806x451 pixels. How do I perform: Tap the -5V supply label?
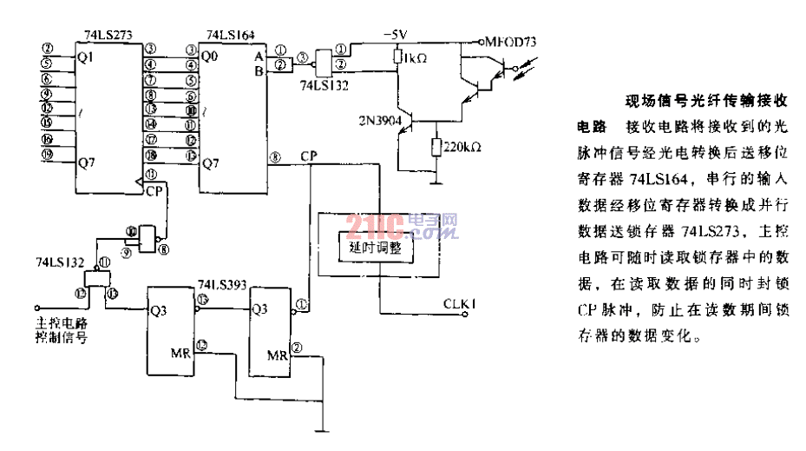click(x=395, y=35)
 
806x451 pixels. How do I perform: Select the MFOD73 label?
click(x=512, y=42)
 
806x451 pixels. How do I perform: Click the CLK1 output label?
click(x=460, y=303)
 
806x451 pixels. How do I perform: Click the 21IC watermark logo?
click(x=402, y=228)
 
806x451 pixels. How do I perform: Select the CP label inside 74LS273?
click(x=154, y=189)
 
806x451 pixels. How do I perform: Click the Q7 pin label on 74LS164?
click(x=211, y=162)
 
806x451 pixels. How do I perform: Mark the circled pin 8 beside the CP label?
click(x=276, y=157)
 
